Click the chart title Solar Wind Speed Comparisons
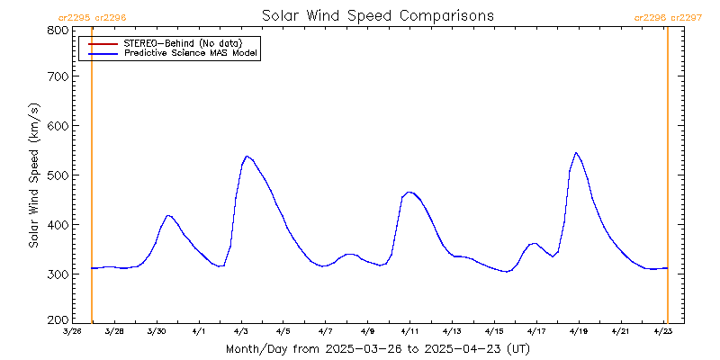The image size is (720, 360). click(x=378, y=16)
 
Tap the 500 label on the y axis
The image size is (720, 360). click(x=58, y=175)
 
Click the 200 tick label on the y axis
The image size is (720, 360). click(x=58, y=319)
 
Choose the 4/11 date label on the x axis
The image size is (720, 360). click(x=409, y=331)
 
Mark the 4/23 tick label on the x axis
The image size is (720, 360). click(x=661, y=331)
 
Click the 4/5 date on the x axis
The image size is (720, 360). click(x=283, y=331)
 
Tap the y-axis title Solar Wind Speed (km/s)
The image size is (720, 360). click(x=34, y=175)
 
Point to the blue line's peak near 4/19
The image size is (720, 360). click(x=576, y=153)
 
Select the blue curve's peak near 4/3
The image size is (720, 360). click(x=247, y=157)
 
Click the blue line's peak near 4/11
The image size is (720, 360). click(x=409, y=192)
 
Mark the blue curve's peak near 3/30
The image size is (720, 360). click(x=168, y=215)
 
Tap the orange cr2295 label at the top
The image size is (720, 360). click(x=74, y=17)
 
